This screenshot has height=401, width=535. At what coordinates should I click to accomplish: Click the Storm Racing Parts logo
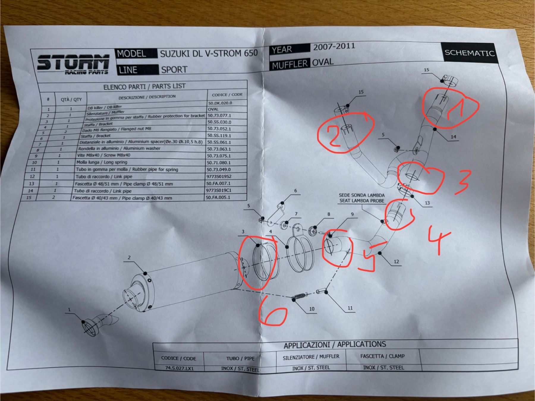(73, 64)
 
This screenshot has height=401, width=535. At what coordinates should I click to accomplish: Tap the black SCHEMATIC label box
(470, 53)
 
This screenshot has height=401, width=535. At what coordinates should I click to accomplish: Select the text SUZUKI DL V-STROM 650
(209, 53)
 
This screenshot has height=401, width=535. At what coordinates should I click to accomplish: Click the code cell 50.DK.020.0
(220, 103)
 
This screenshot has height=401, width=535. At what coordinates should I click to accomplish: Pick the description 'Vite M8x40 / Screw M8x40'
(104, 155)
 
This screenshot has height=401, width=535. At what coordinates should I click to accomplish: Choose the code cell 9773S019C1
(218, 190)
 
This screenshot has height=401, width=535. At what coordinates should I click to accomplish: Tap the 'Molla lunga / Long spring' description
(102, 162)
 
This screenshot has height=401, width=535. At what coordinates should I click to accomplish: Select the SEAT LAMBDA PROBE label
(362, 201)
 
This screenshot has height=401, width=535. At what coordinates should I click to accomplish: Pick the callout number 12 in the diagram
(396, 262)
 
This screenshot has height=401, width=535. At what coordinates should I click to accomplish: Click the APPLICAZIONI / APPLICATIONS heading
(335, 345)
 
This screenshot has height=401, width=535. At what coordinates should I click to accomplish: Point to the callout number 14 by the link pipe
(453, 137)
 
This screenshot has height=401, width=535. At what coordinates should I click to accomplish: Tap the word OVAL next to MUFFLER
(323, 62)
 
